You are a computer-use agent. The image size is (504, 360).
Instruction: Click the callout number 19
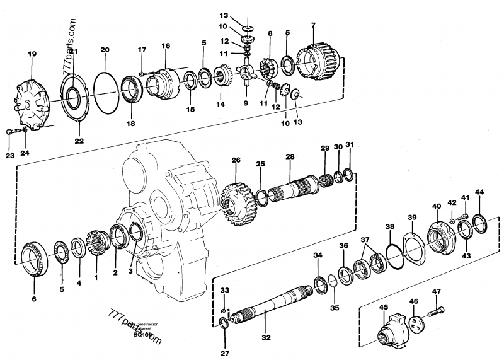[32, 55]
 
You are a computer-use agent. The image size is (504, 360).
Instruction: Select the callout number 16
[166, 46]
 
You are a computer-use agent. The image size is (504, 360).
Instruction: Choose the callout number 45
[383, 307]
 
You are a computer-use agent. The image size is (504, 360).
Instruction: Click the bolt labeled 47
[435, 311]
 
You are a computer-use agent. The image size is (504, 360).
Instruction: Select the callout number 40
[436, 206]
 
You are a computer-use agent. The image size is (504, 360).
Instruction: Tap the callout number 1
[96, 277]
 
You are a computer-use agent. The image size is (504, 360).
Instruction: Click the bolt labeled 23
[10, 131]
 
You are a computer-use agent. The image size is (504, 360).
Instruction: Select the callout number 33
[225, 290]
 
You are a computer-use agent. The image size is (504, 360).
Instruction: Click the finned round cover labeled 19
[33, 100]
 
